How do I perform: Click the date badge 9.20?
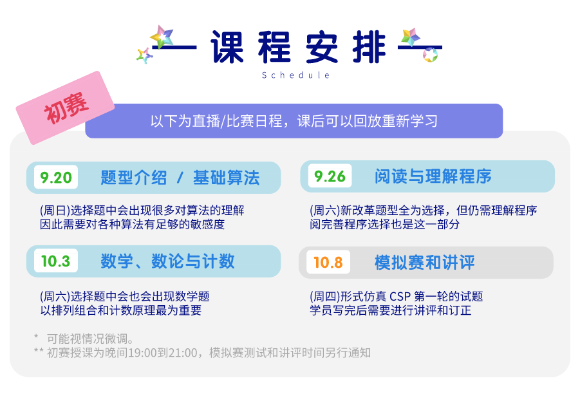[x=56, y=177]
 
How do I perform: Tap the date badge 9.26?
[x=330, y=176]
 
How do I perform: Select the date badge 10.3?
[x=56, y=261]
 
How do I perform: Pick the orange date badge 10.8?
[x=328, y=262]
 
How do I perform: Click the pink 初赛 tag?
[x=65, y=108]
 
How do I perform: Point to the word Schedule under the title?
[x=296, y=75]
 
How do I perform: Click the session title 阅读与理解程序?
[x=433, y=176]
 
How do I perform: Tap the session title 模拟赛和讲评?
[x=425, y=262]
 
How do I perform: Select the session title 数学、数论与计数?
[x=167, y=261]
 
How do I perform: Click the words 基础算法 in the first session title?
[x=227, y=178]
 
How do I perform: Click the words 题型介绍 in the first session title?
[x=134, y=178]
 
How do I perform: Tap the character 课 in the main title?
[x=227, y=48]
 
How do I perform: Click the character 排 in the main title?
[x=369, y=48]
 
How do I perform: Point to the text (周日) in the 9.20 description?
[x=55, y=211]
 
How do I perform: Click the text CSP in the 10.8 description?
[x=400, y=296]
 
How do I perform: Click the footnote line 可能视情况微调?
[x=90, y=339]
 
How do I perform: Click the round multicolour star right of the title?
[x=430, y=55]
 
